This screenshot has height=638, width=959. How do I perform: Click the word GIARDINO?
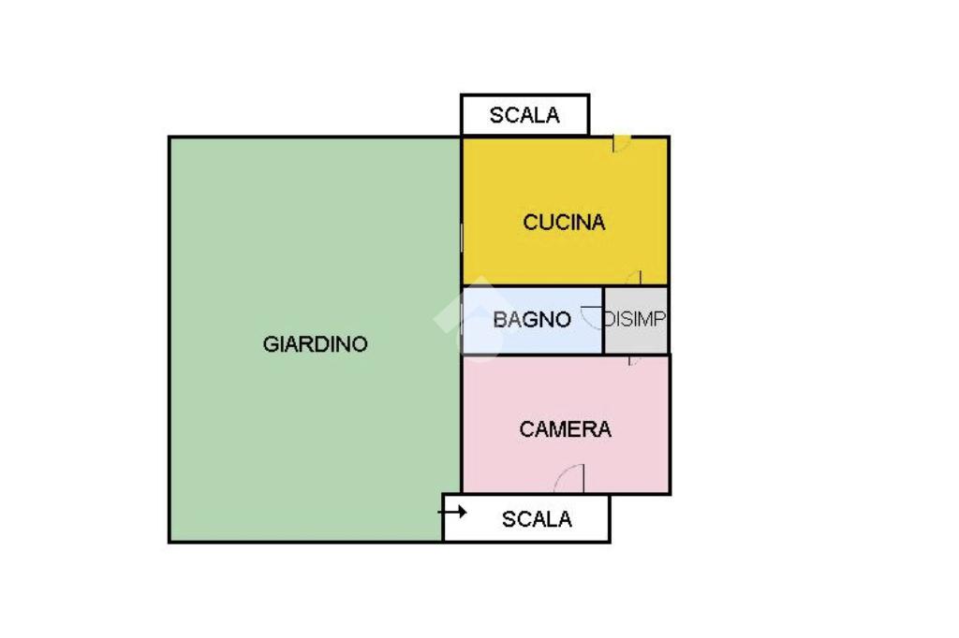pyautogui.click(x=315, y=344)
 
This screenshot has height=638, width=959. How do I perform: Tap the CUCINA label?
pyautogui.click(x=564, y=223)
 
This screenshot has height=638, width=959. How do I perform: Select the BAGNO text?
pyautogui.click(x=532, y=320)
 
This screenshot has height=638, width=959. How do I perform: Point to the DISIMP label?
pyautogui.click(x=636, y=319)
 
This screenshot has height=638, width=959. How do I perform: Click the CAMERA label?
pyautogui.click(x=565, y=429)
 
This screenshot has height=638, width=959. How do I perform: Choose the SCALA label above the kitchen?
pyautogui.click(x=524, y=116)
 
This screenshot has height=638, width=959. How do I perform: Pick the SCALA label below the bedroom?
pyautogui.click(x=537, y=519)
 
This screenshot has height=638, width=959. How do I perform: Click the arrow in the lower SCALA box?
pyautogui.click(x=456, y=512)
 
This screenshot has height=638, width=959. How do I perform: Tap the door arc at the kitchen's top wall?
pyautogui.click(x=621, y=143)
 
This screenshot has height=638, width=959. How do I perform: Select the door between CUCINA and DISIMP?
pyautogui.click(x=634, y=278)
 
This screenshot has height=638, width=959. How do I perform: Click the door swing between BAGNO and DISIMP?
pyautogui.click(x=593, y=317)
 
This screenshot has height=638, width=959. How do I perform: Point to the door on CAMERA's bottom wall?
pyautogui.click(x=570, y=479)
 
